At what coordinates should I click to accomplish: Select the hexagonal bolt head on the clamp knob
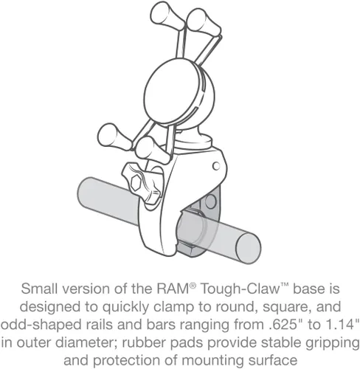[136, 182]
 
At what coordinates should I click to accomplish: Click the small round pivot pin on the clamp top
[216, 166]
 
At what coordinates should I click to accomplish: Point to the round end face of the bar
[249, 248]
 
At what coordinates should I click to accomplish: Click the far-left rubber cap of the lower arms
[111, 137]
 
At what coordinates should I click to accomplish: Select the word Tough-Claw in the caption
[240, 289]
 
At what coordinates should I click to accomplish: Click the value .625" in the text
[281, 325]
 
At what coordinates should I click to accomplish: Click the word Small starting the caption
[40, 289]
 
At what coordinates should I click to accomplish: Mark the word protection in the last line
[126, 361]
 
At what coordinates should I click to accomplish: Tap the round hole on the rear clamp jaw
[210, 201]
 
